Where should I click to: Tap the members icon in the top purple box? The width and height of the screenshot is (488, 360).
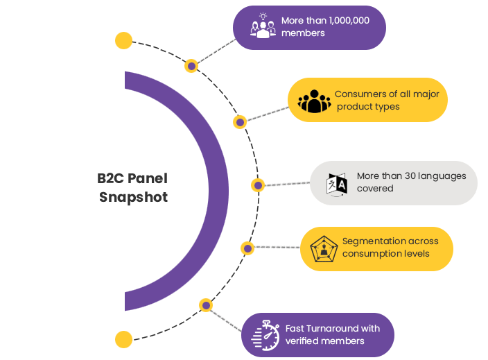(263, 26)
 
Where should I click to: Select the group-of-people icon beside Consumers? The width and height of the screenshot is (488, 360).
(315, 101)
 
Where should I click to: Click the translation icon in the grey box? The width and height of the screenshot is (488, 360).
(337, 184)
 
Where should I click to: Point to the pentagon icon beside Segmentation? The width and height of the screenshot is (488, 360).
(323, 248)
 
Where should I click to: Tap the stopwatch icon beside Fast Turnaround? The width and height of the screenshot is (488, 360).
(265, 334)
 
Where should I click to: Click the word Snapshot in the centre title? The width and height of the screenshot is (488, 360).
(133, 197)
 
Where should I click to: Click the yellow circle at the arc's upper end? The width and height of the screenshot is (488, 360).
(123, 41)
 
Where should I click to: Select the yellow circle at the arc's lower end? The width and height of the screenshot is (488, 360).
(123, 339)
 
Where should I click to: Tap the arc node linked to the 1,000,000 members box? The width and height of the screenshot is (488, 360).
(191, 66)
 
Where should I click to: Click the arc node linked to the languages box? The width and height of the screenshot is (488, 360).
(258, 185)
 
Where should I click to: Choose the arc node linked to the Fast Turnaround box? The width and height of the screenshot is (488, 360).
(205, 305)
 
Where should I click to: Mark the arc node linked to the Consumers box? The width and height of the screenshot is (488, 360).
(240, 122)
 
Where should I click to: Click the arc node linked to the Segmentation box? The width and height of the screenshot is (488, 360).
(247, 248)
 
